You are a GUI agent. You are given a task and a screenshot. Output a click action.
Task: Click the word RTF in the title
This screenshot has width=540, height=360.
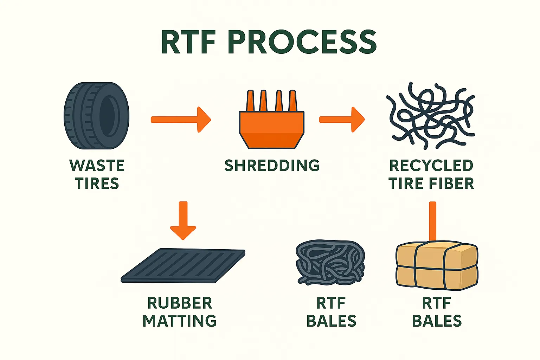coord(188,42)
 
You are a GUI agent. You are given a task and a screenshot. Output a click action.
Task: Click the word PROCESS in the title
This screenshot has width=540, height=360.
coord(302,42)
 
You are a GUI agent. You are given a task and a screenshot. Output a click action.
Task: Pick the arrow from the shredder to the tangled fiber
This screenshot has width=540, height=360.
coord(341,120)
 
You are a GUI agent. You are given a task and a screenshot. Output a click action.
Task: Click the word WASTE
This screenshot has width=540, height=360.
coord(97,166)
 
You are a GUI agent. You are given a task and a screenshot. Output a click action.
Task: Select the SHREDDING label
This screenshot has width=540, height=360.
coord(272,166)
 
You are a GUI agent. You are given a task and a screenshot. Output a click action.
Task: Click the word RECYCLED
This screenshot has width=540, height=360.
coord(431,166)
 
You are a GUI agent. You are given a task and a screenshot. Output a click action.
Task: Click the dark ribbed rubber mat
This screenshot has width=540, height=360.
coord(183,266)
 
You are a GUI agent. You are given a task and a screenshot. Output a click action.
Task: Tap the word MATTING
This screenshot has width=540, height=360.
coord(179,321)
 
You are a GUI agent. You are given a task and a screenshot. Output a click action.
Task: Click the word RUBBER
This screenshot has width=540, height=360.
coord(179,303)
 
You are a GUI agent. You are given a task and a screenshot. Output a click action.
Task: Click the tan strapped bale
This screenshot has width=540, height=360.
coord(437,266)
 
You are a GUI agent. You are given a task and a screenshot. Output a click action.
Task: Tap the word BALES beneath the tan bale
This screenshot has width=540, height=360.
coord(437,321)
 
